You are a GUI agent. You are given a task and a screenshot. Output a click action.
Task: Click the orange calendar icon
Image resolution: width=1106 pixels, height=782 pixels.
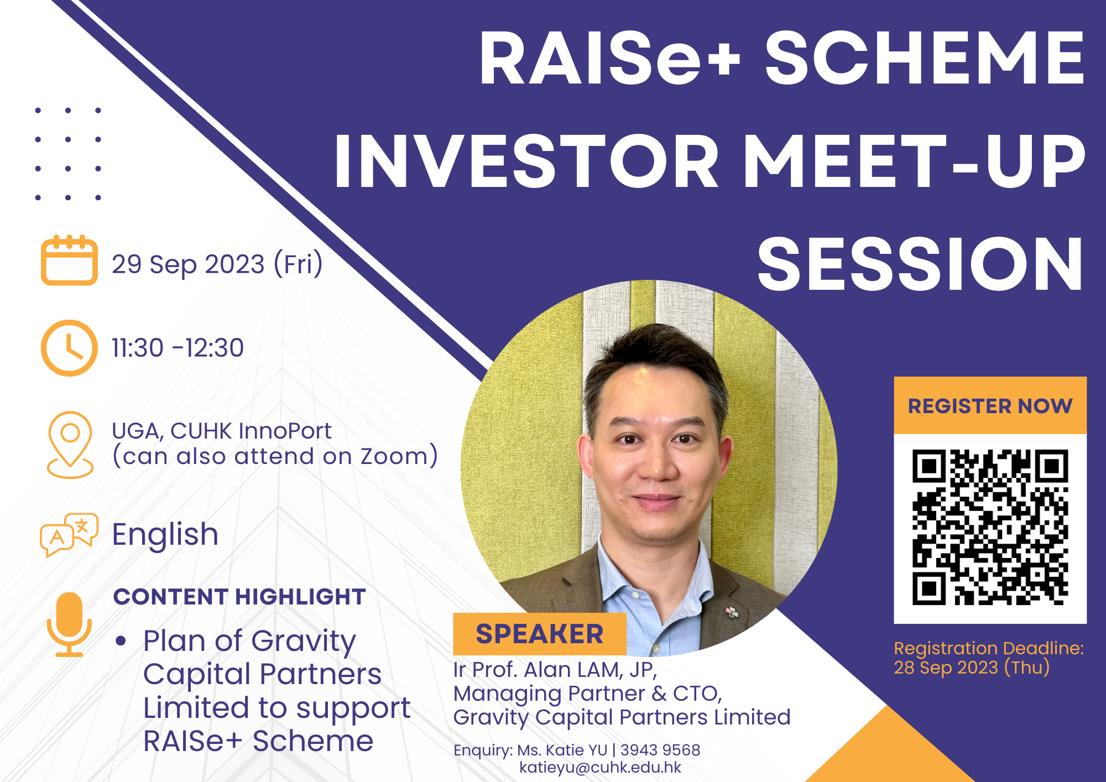pos(69,260)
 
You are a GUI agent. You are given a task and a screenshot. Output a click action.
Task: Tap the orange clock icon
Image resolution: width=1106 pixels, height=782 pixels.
pos(69,348)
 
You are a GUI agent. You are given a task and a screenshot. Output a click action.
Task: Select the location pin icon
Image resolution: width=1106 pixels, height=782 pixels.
pos(70,444)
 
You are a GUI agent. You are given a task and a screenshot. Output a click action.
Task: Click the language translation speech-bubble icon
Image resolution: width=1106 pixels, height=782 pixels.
pos(69,534)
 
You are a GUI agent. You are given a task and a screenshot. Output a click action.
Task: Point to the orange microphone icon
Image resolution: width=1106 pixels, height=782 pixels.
pos(69,624)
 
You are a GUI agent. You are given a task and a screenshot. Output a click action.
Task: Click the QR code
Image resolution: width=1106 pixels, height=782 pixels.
pos(990,528)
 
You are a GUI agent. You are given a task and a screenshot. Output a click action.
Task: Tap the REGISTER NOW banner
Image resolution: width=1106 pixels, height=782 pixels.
pos(990,406)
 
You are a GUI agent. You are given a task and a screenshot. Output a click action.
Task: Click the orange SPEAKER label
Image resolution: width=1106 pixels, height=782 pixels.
pos(540,634)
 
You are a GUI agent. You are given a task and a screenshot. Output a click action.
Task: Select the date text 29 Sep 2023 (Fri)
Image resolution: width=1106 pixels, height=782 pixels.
pos(217,264)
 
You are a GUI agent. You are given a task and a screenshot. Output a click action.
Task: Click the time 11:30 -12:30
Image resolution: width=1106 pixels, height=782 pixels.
pos(178,348)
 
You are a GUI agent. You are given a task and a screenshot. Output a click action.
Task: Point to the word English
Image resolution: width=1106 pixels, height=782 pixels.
pos(165,535)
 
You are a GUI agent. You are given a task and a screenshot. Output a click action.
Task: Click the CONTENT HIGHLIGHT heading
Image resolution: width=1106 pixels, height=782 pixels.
pos(239,597)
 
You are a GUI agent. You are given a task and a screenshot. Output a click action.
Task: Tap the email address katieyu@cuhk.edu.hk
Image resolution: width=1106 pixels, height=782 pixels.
pos(601,768)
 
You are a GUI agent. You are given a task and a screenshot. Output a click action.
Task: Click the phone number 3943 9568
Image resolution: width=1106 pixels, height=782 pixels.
pos(660,750)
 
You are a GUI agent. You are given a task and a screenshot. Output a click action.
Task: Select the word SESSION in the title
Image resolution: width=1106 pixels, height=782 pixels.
pos(920,264)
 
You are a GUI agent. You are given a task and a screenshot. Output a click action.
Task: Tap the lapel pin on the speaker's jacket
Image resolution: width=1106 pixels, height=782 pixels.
pos(732,612)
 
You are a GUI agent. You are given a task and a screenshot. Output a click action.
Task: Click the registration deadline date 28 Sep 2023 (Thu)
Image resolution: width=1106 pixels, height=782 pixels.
pos(972,668)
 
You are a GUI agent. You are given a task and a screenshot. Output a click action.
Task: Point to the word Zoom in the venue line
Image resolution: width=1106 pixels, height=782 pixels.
pos(394,456)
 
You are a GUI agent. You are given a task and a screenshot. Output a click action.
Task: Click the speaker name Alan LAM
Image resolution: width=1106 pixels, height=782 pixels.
pos(572,670)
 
